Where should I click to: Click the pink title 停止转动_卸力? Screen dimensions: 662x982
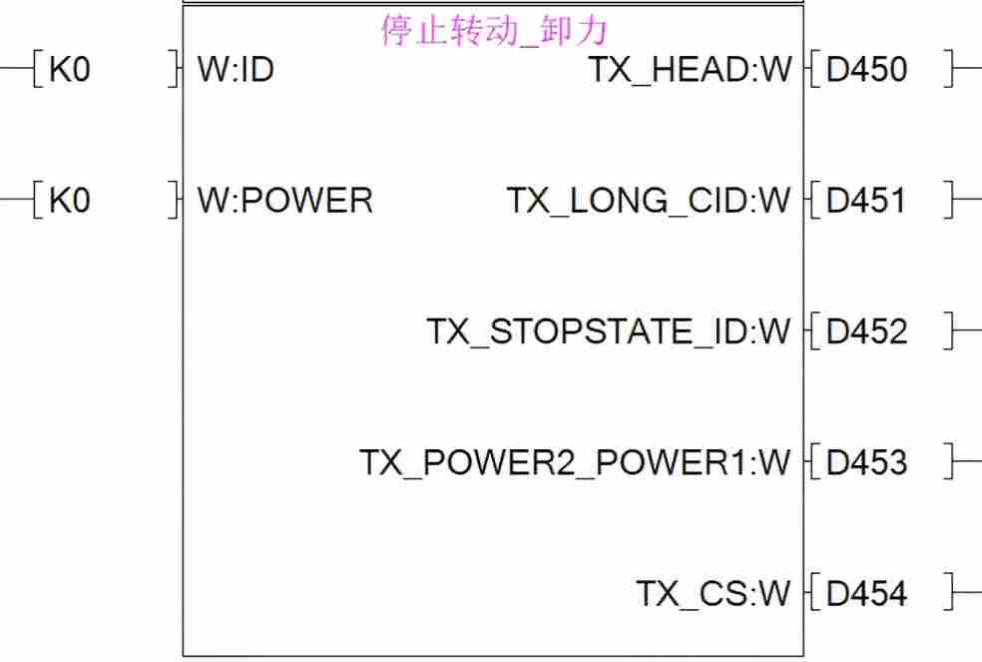click(494, 31)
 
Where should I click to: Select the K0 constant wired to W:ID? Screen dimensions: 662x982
click(69, 70)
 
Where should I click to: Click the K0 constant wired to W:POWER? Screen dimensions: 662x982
click(69, 201)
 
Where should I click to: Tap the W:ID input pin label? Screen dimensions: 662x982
click(236, 70)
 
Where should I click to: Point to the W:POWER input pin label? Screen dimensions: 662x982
click(285, 201)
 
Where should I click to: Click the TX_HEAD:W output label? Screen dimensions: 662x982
click(690, 70)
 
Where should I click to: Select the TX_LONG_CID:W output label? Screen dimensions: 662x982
click(649, 201)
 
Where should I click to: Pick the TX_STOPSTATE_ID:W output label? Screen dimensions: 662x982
click(609, 331)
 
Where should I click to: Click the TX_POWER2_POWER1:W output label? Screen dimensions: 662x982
click(575, 462)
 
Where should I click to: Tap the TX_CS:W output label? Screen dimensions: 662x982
click(714, 594)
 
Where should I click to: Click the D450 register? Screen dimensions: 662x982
click(867, 70)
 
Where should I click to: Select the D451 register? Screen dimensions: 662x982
click(867, 201)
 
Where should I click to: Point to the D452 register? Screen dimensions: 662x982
click(867, 331)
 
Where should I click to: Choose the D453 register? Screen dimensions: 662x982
click(867, 462)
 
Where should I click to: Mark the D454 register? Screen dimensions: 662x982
click(867, 594)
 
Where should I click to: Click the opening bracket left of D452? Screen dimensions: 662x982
click(815, 331)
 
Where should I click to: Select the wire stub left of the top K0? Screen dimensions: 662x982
click(15, 70)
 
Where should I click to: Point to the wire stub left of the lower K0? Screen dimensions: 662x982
click(15, 201)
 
